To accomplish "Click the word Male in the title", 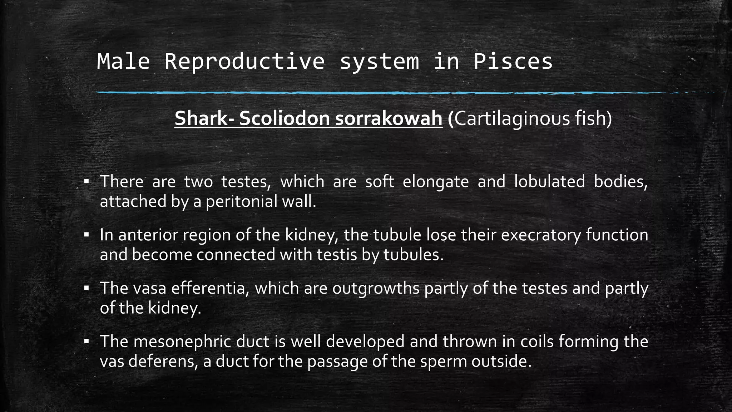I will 123,62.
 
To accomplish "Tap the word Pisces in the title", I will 513,62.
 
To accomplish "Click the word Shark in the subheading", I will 201,118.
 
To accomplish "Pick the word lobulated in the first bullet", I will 549,182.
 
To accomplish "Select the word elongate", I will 435,182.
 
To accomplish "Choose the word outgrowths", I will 376,288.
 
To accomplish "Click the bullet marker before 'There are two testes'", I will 86,182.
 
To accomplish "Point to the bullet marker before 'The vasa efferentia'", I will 86,288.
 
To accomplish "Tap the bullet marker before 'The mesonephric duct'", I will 86,342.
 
